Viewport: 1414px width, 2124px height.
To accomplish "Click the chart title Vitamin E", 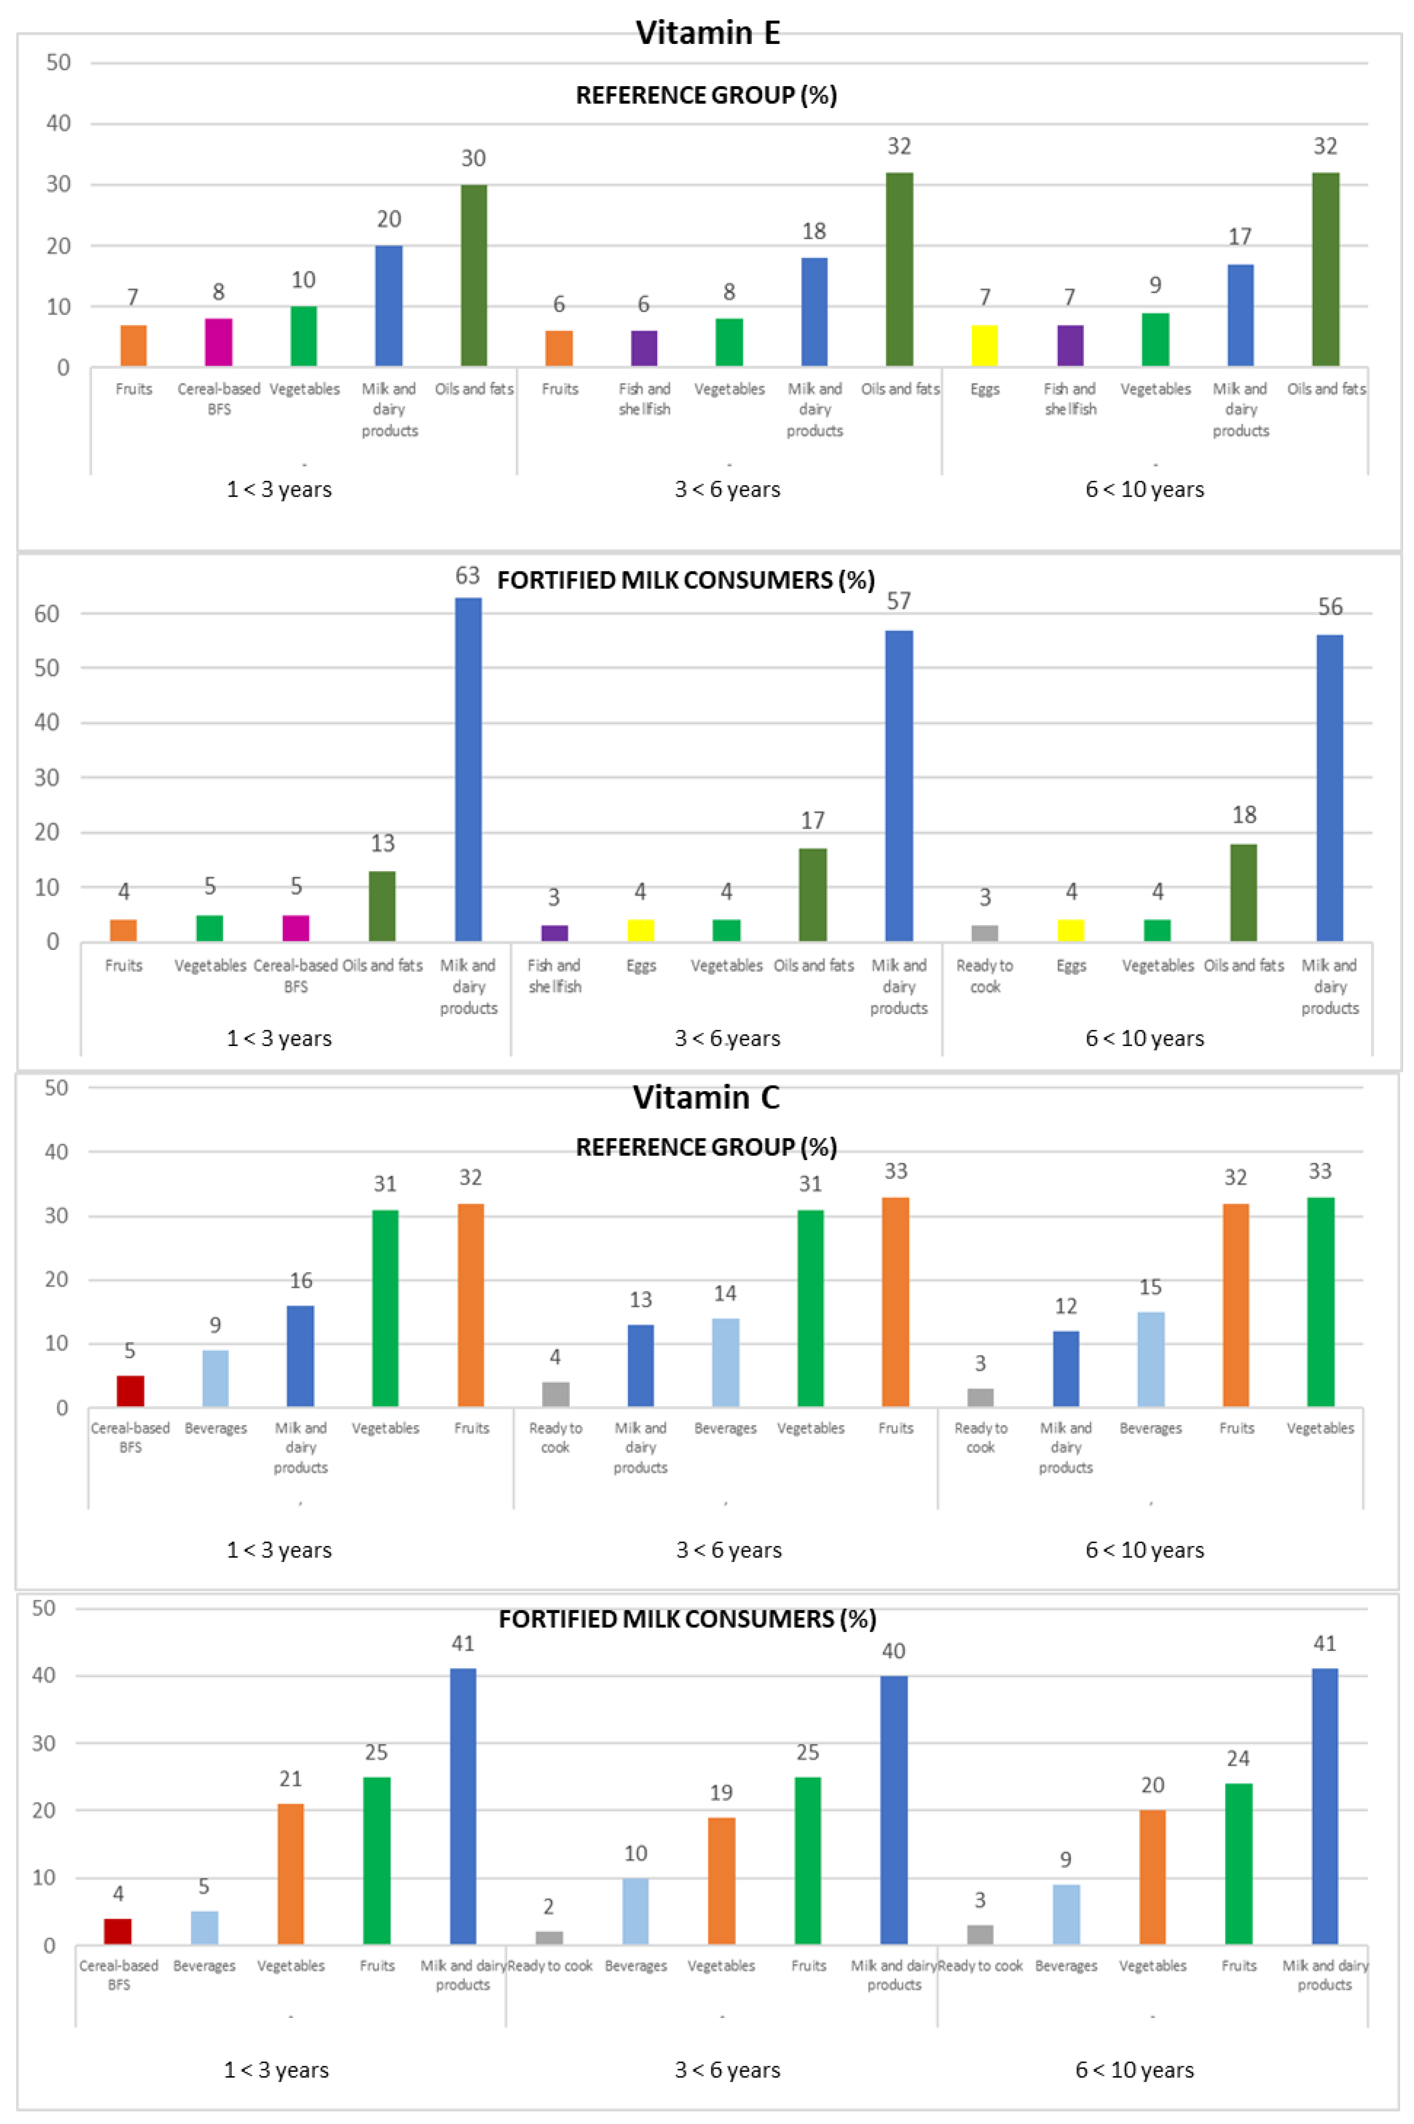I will click(x=707, y=33).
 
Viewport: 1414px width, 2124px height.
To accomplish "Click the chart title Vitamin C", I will click(x=706, y=1097).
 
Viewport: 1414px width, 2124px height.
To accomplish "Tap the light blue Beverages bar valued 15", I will click(x=1151, y=1359).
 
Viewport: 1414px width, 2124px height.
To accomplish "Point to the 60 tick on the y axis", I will click(x=47, y=614).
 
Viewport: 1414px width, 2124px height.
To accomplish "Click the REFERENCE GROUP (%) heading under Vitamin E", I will click(x=706, y=95).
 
